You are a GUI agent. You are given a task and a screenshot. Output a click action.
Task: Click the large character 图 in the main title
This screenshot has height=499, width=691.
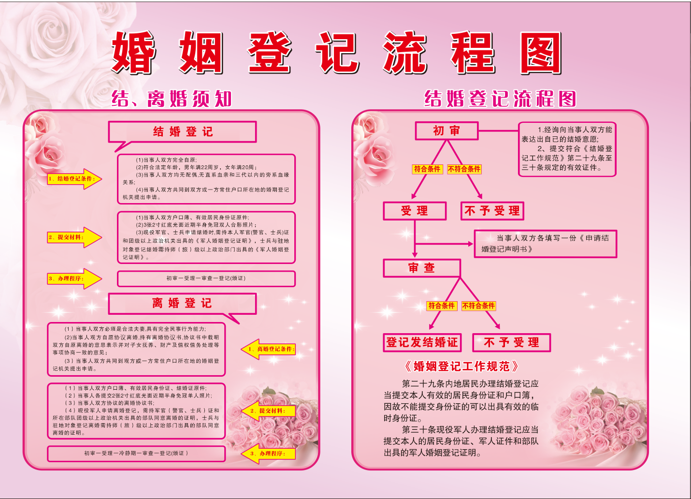tap(540, 53)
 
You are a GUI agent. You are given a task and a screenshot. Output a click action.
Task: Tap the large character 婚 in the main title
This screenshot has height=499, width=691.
tap(133, 53)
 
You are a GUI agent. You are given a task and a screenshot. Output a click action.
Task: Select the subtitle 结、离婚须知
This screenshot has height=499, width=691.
tap(172, 99)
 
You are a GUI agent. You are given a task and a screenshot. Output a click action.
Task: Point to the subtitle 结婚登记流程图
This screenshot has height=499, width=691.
tap(500, 99)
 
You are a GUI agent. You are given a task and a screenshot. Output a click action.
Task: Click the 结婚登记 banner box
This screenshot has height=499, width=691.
tap(183, 132)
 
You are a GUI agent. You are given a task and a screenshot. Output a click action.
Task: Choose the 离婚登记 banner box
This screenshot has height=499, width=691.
tap(182, 303)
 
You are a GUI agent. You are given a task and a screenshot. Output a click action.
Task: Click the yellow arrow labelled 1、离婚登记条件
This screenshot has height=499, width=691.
tap(268, 349)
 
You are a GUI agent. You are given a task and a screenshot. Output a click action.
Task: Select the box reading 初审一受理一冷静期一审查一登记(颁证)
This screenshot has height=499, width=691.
tap(136, 454)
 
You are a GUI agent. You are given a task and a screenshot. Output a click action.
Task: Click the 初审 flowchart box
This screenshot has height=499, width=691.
tap(446, 131)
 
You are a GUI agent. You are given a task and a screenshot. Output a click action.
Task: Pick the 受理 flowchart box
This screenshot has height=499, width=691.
tap(415, 211)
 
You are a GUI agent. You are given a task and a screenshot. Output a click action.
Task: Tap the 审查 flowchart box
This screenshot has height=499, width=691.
tap(421, 268)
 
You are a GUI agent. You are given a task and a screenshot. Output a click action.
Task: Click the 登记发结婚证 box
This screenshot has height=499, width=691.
tap(422, 342)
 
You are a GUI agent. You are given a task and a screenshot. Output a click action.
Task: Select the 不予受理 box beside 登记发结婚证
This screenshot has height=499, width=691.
tap(511, 342)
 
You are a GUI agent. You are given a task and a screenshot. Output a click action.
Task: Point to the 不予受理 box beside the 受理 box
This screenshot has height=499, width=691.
tap(492, 211)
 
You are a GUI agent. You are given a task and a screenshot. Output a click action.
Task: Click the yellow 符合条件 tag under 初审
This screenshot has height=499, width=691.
tap(427, 169)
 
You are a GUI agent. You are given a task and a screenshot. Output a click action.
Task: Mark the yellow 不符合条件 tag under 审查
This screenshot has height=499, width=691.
tap(478, 306)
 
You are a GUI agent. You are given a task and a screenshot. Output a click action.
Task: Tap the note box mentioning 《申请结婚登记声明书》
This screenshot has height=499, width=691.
tap(546, 244)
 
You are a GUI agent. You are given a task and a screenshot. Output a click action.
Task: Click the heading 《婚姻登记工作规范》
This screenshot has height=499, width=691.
tap(461, 367)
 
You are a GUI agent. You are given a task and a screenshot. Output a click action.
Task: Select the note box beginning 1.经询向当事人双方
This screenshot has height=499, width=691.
tap(567, 149)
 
